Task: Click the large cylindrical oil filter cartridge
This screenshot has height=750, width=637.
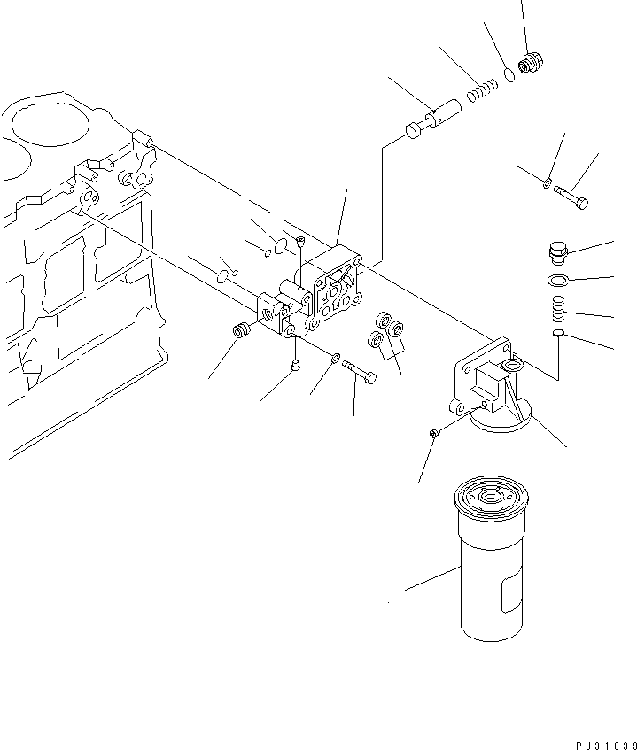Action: pyautogui.click(x=494, y=562)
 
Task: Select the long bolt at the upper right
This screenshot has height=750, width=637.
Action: pyautogui.click(x=572, y=196)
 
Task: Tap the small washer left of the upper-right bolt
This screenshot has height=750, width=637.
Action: pyautogui.click(x=549, y=183)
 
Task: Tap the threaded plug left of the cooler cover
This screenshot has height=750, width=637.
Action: pyautogui.click(x=240, y=333)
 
